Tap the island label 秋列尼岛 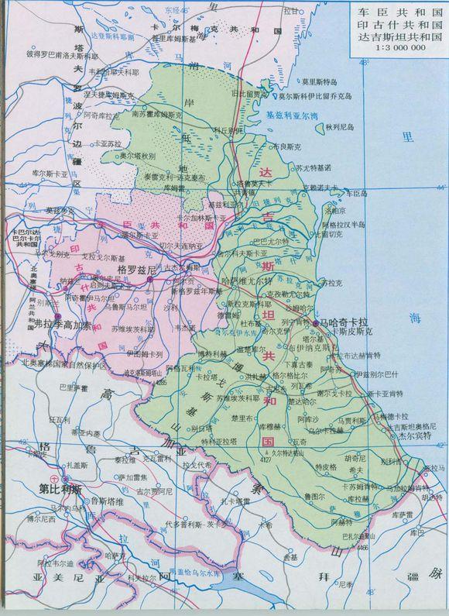pyautogui.click(x=339, y=126)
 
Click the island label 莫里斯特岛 pyautogui.click(x=320, y=81)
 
